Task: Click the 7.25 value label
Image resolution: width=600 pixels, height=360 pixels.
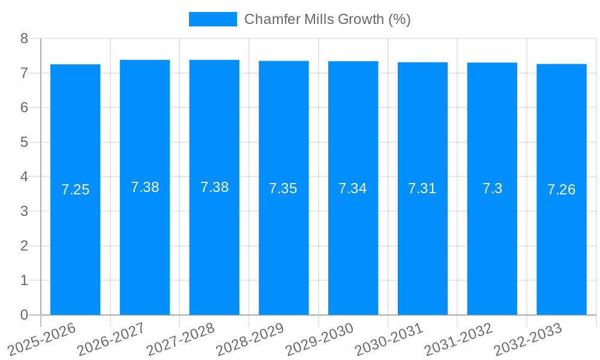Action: click(x=75, y=190)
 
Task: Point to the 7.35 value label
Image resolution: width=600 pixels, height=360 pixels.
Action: click(x=283, y=188)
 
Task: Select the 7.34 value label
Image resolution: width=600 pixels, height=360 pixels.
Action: click(x=353, y=188)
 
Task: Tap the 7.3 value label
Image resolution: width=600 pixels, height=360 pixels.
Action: click(x=492, y=188)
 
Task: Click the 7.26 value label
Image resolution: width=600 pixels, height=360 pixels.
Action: click(x=562, y=190)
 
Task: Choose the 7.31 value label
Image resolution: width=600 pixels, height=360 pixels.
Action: click(x=422, y=188)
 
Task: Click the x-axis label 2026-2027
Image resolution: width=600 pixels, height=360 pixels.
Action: click(x=110, y=339)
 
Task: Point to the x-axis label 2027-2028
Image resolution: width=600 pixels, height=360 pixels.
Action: click(x=180, y=339)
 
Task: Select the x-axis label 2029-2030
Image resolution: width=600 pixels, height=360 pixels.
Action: click(x=319, y=339)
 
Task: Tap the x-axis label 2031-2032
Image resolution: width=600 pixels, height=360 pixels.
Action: click(x=458, y=339)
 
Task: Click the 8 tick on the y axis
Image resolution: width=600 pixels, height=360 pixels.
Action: click(x=24, y=38)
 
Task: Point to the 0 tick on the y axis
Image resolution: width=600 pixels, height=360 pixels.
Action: click(x=24, y=315)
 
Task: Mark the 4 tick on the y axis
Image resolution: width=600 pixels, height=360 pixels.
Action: click(x=24, y=177)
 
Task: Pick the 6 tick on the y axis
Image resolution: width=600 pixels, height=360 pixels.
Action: click(x=24, y=107)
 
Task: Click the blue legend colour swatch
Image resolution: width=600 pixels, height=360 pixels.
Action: click(x=212, y=19)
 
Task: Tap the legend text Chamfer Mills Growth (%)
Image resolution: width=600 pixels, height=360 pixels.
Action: click(x=327, y=19)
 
